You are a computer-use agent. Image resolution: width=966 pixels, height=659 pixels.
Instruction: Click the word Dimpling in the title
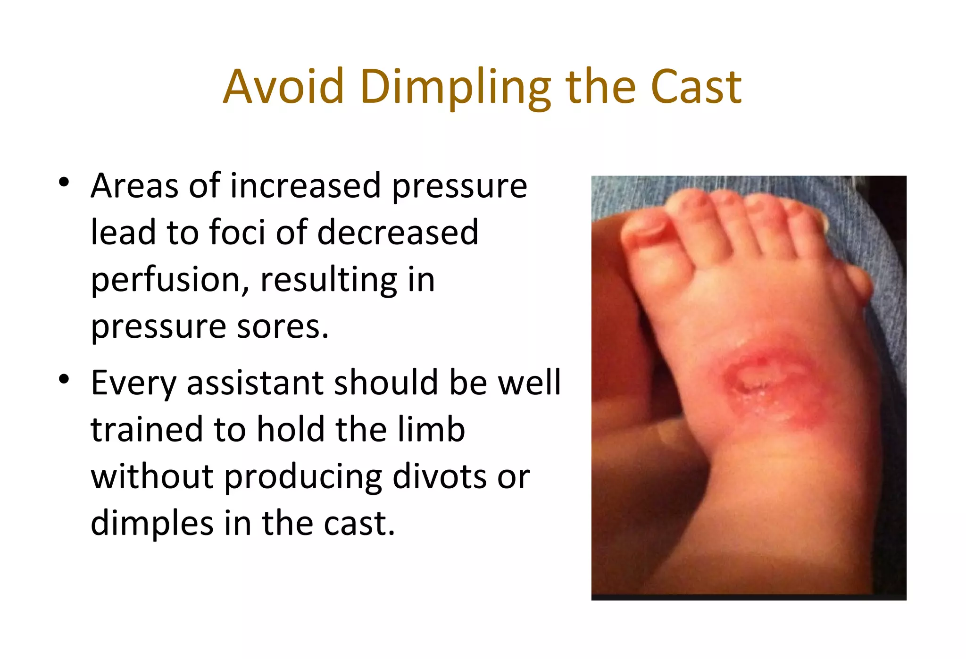click(455, 87)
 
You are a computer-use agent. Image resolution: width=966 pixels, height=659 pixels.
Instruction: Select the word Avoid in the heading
click(283, 87)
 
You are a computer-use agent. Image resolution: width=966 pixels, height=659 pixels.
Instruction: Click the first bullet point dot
click(64, 182)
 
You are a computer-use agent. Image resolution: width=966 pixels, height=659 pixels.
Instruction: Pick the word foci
click(237, 233)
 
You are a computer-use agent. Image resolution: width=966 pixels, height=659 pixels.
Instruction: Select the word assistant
click(255, 383)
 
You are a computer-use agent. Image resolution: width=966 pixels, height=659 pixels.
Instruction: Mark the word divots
click(439, 476)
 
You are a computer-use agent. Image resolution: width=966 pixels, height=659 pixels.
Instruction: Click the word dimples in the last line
click(152, 523)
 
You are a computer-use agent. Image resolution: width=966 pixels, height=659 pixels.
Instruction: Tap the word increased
click(305, 186)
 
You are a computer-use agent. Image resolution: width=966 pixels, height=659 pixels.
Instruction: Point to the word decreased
click(398, 233)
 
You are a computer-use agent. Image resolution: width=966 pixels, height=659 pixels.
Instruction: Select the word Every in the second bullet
click(133, 383)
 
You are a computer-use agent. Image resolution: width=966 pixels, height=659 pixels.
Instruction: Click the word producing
click(302, 477)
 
